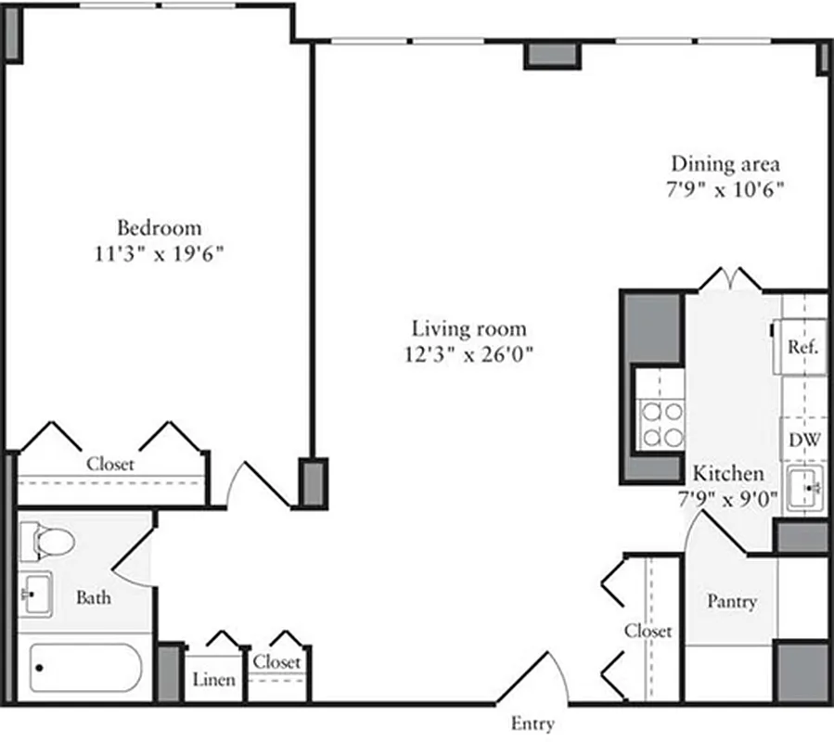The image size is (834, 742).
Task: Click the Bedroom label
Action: coord(159,227)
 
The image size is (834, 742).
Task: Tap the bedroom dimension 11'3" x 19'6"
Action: coord(159,254)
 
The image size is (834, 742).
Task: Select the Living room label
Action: coord(469,328)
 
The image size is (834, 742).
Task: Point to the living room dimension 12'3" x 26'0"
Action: coord(469,354)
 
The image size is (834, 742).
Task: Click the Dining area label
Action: coord(725,164)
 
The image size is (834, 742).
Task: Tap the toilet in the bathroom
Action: coord(41,542)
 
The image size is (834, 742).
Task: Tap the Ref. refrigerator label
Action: coord(802,348)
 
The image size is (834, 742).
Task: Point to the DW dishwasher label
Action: coord(803,440)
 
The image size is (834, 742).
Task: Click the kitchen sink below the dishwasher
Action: coord(803,489)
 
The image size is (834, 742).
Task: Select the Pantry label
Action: coord(732,601)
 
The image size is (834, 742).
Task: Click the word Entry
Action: coord(532,723)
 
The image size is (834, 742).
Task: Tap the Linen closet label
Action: coord(214,680)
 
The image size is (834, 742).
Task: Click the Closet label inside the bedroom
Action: coord(110,463)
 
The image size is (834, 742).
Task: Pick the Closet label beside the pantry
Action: coord(648,631)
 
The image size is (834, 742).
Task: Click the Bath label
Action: coord(93,598)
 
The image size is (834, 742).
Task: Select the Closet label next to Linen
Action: coord(276,662)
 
